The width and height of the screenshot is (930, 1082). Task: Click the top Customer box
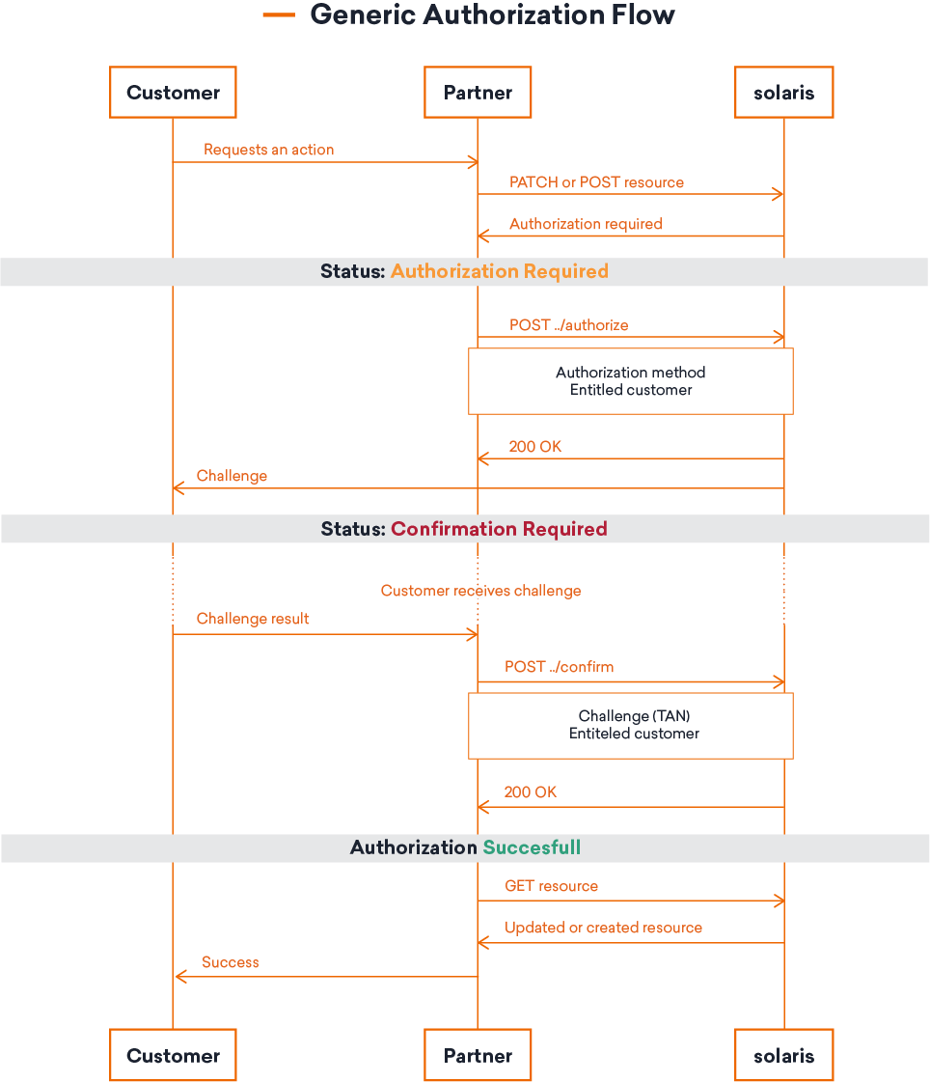173,93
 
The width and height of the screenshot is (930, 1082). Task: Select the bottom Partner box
478,1055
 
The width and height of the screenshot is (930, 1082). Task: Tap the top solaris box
783,93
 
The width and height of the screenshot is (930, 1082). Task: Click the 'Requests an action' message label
268,150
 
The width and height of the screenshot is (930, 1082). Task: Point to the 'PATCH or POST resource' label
596,182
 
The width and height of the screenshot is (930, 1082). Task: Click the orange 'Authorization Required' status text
499,271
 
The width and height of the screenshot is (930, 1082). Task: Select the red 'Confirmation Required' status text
499,529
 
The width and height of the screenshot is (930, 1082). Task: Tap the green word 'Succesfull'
532,847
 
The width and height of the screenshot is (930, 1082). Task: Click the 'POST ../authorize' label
568,325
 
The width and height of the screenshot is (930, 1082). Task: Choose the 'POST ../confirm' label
559,667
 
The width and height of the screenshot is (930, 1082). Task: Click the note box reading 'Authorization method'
630,381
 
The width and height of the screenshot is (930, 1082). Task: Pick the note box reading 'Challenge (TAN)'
630,725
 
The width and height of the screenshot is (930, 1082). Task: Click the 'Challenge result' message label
253,619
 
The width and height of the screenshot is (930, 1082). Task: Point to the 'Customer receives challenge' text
480,591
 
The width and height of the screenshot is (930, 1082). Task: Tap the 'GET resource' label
551,886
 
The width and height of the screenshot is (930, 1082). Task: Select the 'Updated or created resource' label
603,928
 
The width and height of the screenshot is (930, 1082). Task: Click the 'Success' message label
230,962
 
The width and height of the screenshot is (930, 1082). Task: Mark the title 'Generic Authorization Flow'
492,15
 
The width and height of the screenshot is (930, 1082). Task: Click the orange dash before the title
279,15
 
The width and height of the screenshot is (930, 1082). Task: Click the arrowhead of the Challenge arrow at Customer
178,488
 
